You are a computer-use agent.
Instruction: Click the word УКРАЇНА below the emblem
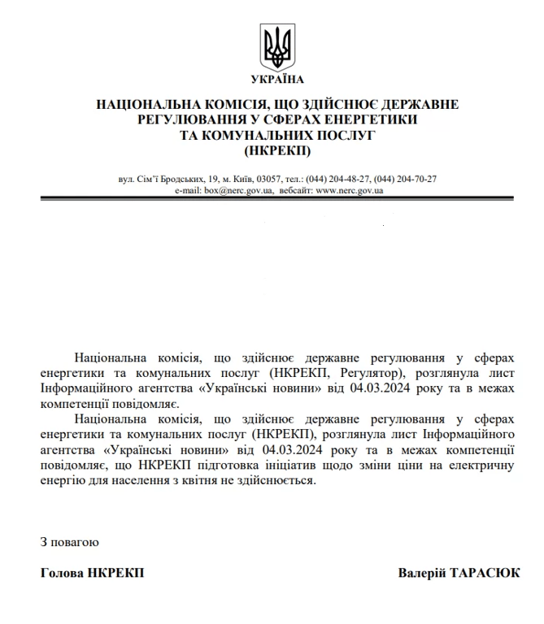[277, 79]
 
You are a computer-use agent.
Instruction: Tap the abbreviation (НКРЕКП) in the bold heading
[277, 150]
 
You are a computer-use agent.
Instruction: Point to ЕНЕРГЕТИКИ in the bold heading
[375, 120]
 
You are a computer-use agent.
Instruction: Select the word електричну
[480, 466]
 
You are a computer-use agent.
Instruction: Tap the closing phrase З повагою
[69, 541]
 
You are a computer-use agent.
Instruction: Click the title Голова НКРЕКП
[92, 573]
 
